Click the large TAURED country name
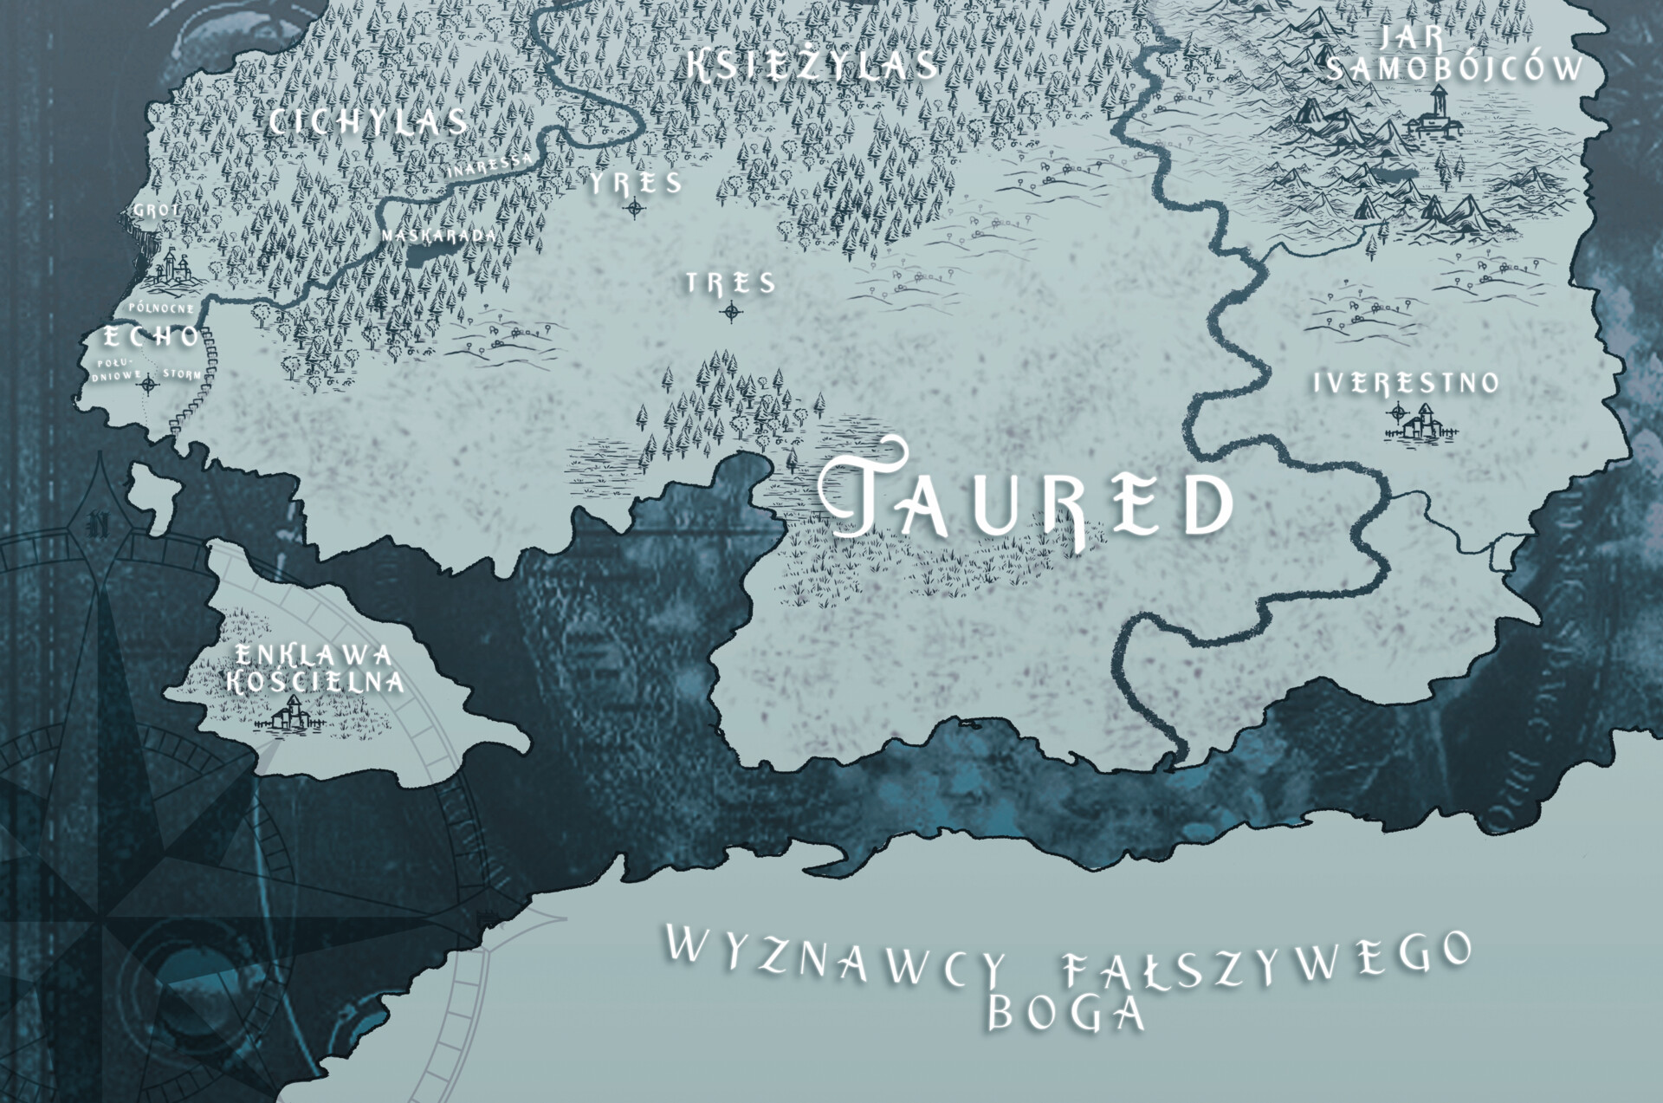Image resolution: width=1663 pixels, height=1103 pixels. point(1026,498)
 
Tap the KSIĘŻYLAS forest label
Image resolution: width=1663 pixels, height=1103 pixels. point(812,66)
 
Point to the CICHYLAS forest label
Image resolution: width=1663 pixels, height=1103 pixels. point(368,122)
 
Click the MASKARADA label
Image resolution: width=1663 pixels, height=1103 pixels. point(439,235)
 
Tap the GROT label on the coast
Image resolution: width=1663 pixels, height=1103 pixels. point(156,211)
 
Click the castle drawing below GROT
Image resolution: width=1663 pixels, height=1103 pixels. point(176,269)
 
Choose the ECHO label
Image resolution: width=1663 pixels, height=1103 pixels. point(152,336)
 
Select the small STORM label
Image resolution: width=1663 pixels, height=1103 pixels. point(182,374)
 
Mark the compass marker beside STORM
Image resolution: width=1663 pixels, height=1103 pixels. point(149,383)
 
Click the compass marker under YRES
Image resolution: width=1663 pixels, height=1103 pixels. point(635,207)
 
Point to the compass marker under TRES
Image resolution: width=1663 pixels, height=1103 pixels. point(732,311)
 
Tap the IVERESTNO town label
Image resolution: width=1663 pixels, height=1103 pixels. point(1406,383)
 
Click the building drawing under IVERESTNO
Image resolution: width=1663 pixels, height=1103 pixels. point(1420,425)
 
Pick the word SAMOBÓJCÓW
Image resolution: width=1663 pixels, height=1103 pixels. point(1455,68)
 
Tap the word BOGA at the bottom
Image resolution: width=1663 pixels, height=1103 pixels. point(1066,1012)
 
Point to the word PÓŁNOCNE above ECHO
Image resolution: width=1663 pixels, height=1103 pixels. point(162,308)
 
